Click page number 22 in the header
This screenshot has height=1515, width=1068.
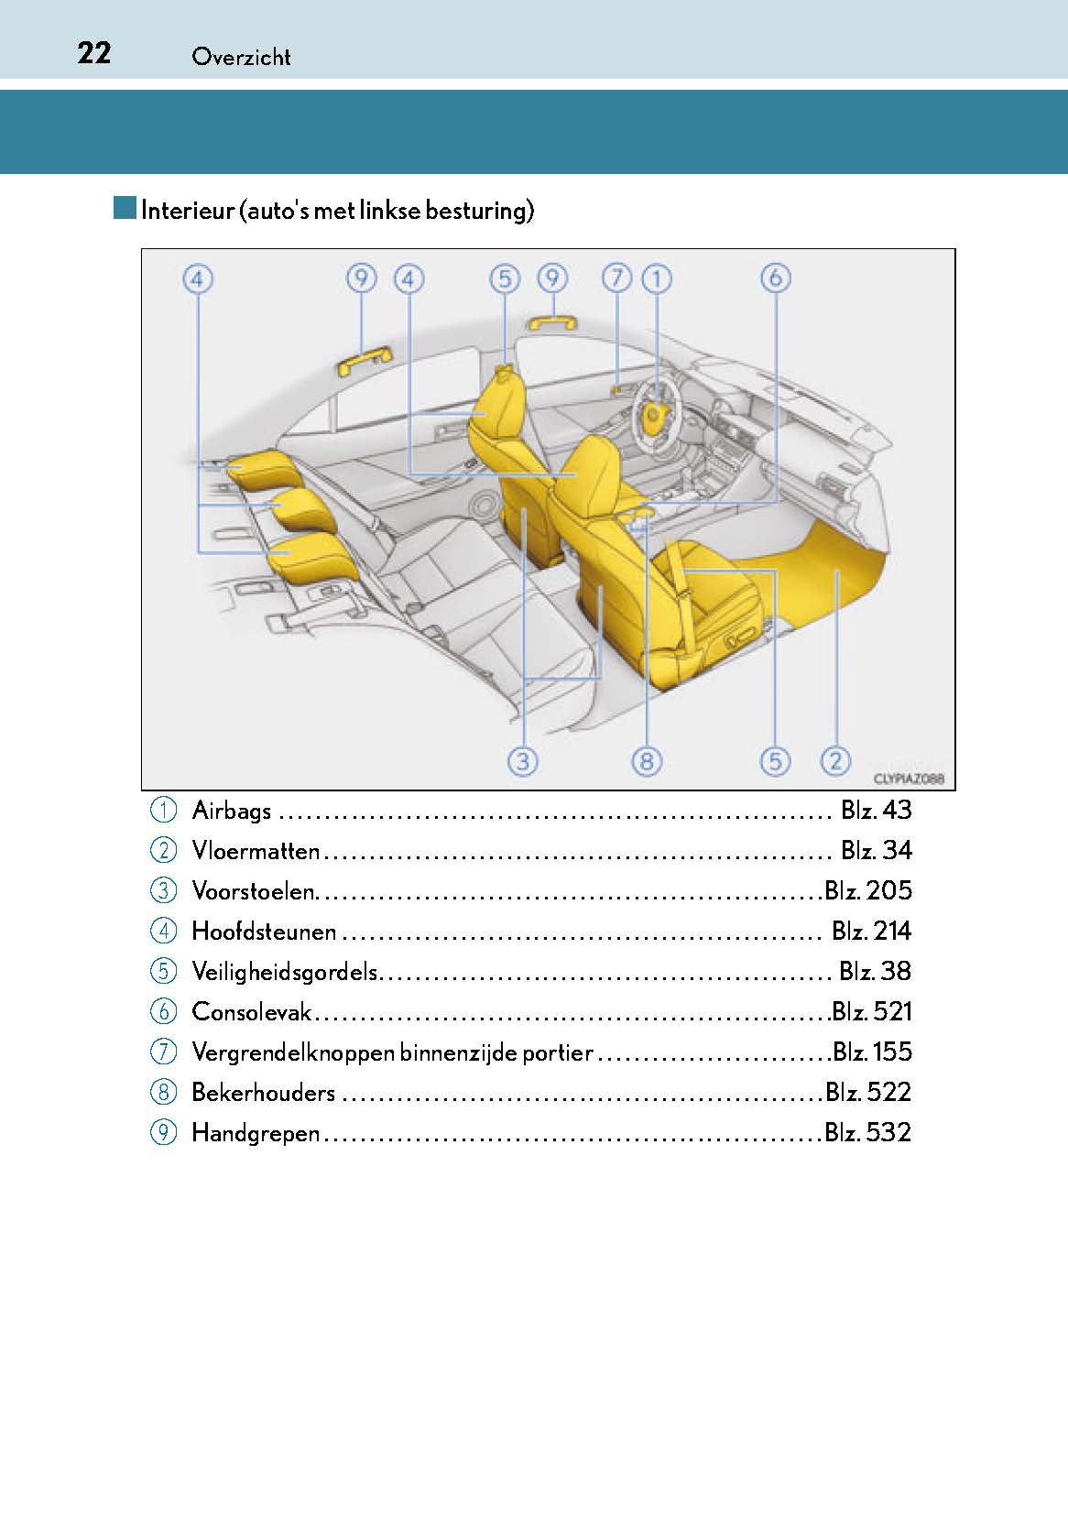pyautogui.click(x=94, y=53)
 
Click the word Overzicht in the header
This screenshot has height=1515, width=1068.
pyautogui.click(x=241, y=57)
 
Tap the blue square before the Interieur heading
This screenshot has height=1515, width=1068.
pyautogui.click(x=125, y=208)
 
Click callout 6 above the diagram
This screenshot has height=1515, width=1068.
pyautogui.click(x=775, y=278)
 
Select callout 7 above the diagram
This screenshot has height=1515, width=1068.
pyautogui.click(x=617, y=278)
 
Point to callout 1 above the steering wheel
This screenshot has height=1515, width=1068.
pyautogui.click(x=656, y=278)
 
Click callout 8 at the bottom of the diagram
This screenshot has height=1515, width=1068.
pyautogui.click(x=646, y=760)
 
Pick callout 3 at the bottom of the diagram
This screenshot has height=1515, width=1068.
pyautogui.click(x=523, y=760)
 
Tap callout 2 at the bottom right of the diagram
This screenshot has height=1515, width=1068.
pyautogui.click(x=835, y=760)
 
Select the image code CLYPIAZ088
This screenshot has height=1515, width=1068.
pyautogui.click(x=909, y=779)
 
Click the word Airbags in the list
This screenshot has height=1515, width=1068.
pyautogui.click(x=232, y=811)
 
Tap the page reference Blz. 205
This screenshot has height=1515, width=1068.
pyautogui.click(x=867, y=890)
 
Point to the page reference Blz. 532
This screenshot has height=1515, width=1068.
pyautogui.click(x=867, y=1133)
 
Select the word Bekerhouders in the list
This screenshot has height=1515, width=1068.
pyautogui.click(x=263, y=1093)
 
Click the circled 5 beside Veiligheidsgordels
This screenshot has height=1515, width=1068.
pyautogui.click(x=162, y=972)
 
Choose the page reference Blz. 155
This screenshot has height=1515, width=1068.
pyautogui.click(x=871, y=1052)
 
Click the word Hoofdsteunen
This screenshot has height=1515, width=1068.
pyautogui.click(x=264, y=932)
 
